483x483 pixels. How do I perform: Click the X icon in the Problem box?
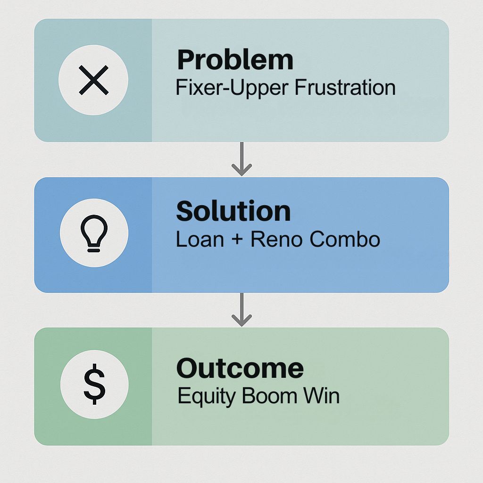click(94, 80)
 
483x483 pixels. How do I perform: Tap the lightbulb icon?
click(94, 233)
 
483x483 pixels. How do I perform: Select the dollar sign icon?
click(94, 384)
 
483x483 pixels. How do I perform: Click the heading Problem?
click(235, 60)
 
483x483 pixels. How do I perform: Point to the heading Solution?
click(233, 211)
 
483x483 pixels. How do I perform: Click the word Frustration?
click(345, 87)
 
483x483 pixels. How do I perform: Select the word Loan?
click(200, 239)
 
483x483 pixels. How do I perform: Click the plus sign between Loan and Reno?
click(237, 239)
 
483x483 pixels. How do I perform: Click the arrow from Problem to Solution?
click(242, 159)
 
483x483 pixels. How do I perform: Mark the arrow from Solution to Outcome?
click(242, 309)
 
